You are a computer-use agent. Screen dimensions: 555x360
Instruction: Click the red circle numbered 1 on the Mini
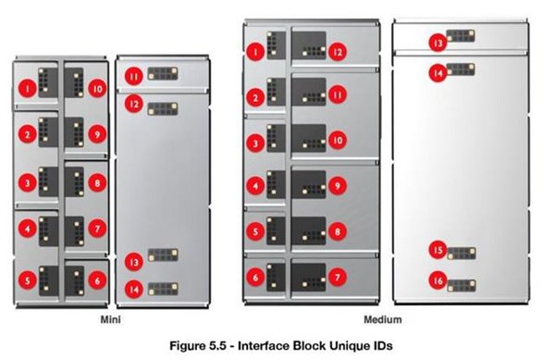click(28, 88)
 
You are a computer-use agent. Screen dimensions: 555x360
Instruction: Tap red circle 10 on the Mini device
click(97, 88)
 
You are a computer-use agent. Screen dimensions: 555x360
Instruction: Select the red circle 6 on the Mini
click(97, 280)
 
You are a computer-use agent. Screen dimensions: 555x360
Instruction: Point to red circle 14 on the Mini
click(134, 290)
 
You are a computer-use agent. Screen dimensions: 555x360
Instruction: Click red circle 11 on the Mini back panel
click(134, 76)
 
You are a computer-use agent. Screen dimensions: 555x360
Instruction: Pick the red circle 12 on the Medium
click(338, 52)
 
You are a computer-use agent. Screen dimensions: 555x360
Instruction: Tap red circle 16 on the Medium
click(438, 280)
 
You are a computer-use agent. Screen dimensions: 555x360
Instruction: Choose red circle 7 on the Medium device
click(338, 277)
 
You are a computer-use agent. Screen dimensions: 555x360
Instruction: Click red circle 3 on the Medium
click(255, 143)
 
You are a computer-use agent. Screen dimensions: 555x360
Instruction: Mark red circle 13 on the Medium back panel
click(438, 43)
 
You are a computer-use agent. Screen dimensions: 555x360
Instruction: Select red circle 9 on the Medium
click(338, 186)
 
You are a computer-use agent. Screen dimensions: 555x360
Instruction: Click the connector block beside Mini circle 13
click(163, 254)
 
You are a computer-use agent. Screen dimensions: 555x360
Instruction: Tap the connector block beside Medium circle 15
click(462, 254)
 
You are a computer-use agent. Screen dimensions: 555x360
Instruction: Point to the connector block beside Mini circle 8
click(75, 182)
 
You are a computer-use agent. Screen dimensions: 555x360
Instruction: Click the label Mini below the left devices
click(111, 319)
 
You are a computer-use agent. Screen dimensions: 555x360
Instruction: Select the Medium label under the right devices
click(383, 319)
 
